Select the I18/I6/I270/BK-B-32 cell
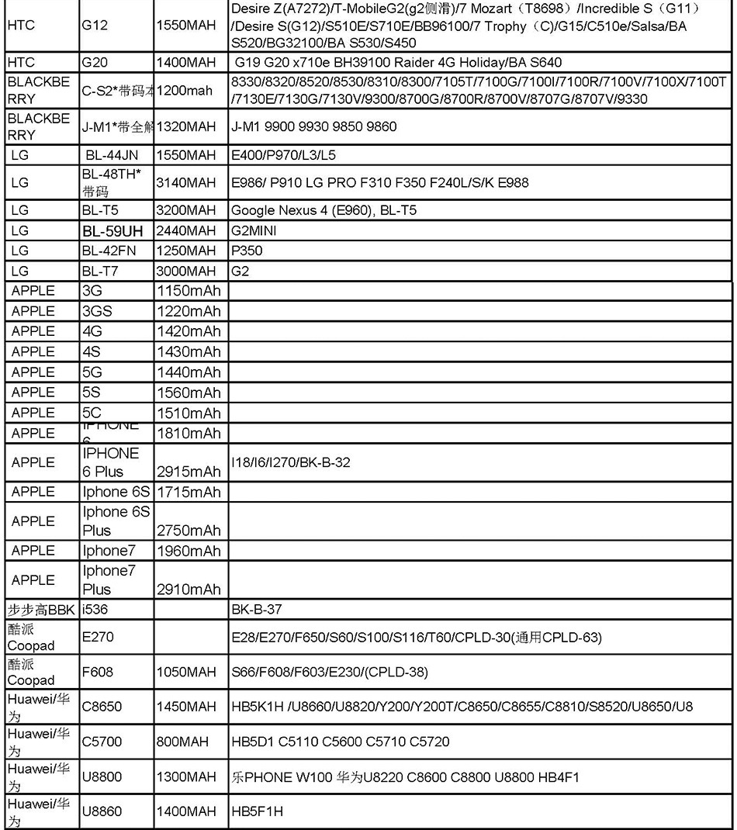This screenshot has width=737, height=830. [291, 462]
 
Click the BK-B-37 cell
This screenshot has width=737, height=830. [257, 610]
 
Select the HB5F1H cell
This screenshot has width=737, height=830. [257, 811]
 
